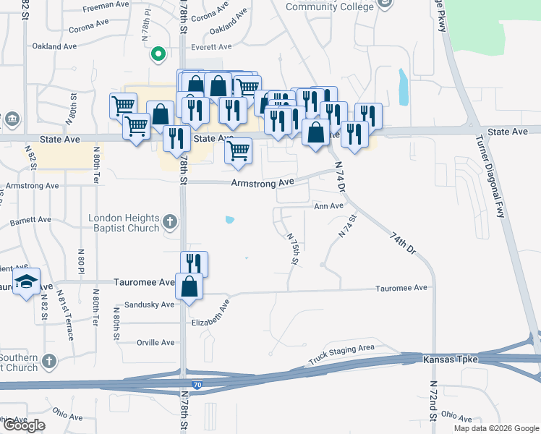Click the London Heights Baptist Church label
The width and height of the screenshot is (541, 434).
point(123,224)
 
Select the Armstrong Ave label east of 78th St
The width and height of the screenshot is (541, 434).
point(262,184)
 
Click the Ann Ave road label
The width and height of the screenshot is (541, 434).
point(328,206)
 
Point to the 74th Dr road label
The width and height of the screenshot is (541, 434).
point(403,242)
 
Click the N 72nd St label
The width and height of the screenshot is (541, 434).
point(433,401)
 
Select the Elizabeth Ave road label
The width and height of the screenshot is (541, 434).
point(210,311)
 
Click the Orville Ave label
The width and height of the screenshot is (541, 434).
point(156,342)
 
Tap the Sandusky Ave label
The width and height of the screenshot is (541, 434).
point(150,305)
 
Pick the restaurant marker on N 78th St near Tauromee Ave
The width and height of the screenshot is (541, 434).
point(194,263)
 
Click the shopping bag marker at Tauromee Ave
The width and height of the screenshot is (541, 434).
point(189,285)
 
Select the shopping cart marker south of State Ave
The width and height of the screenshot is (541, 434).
point(237,151)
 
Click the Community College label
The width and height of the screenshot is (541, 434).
point(330,7)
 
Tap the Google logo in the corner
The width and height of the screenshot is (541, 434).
point(24,425)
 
